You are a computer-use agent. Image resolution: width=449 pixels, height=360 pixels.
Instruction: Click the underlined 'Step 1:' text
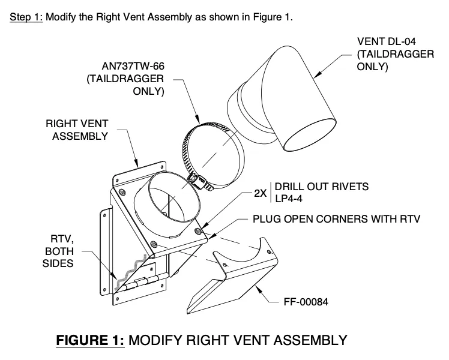pos(26,17)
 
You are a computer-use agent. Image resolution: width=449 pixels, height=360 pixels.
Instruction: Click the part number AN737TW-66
pos(133,67)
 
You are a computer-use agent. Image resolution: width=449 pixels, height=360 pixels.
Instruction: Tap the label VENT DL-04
pos(387,41)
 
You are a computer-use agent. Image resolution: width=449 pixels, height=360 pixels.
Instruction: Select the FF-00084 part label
pos(306,302)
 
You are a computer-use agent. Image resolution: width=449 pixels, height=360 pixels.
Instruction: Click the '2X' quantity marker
pos(261,194)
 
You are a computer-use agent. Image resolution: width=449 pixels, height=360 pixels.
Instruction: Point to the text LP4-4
pos(289,199)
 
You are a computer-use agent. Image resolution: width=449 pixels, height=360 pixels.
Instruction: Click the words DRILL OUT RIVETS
pos(322,187)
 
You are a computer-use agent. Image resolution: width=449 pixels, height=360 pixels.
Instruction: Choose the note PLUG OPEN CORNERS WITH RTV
pos(336,219)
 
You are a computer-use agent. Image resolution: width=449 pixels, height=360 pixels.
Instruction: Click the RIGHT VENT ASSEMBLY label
pos(77,130)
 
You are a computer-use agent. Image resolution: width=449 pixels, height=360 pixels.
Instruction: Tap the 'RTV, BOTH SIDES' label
pos(58,251)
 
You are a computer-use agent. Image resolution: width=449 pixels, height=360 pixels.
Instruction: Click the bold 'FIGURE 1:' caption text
pos(90,341)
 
